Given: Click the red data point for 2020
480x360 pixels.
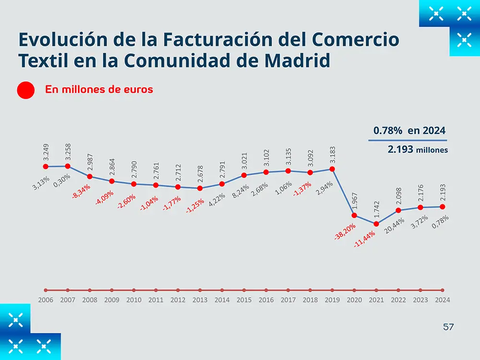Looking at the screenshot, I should coord(354,215).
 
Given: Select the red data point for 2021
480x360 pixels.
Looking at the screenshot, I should coord(376,224).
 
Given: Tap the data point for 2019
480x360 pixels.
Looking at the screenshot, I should coord(332,169).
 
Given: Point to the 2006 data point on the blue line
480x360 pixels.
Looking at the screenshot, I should coord(46,167).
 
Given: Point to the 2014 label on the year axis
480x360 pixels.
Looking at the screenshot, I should coord(222,300).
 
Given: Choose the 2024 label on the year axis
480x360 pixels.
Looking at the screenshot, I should coord(442,300).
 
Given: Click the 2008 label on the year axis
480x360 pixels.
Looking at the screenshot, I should coord(90,300).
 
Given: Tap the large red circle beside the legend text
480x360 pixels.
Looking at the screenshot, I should coord(25,90).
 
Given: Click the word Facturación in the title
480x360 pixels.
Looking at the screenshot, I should coord(163,39).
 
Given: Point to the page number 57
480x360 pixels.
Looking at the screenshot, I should coord(448,327).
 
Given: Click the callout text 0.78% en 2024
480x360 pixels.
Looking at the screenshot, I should coord(409,131).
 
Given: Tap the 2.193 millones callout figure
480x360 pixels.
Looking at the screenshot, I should coord(418,150).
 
